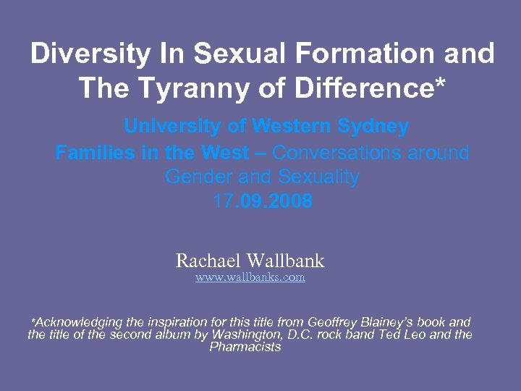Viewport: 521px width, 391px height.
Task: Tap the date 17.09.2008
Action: click(x=263, y=201)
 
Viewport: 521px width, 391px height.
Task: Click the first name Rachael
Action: click(x=209, y=261)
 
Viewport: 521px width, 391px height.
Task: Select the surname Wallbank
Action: click(x=286, y=261)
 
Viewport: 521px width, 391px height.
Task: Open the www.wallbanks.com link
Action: click(x=250, y=277)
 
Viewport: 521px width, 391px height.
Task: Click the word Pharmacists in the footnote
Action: click(x=245, y=347)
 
